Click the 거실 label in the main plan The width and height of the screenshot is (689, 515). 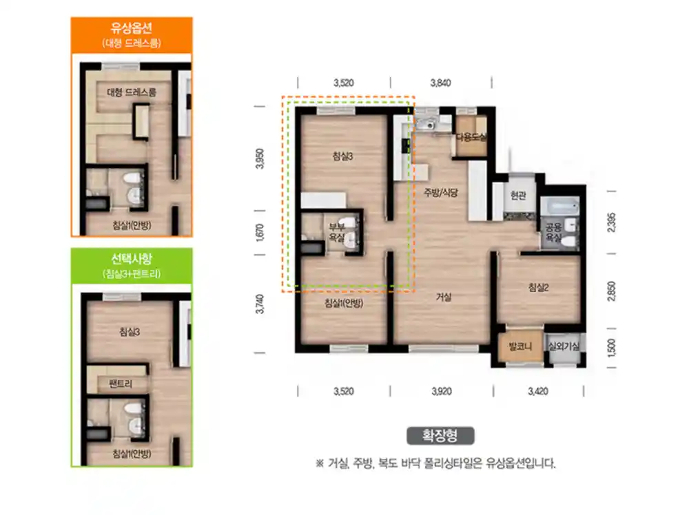click(443, 297)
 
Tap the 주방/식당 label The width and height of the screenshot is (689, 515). click(441, 192)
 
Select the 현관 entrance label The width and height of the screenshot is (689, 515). click(518, 195)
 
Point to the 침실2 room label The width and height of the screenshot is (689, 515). click(538, 288)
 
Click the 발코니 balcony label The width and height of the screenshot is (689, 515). click(520, 346)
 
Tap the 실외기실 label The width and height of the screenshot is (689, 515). click(564, 346)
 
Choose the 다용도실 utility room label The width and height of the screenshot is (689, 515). click(471, 137)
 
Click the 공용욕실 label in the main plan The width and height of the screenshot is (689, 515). click(554, 233)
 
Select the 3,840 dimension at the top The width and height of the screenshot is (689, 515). click(441, 83)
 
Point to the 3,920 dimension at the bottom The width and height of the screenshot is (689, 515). click(442, 391)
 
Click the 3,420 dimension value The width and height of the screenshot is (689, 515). click(538, 391)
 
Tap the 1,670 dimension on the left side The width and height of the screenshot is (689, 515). click(260, 233)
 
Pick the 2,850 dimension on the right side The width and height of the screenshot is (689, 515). click(610, 291)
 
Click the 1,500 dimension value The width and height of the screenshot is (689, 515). click(610, 348)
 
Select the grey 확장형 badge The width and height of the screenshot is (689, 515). click(440, 436)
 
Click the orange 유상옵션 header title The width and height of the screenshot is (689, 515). click(132, 28)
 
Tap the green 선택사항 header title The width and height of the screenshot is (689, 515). click(132, 259)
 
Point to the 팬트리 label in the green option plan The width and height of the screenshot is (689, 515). click(121, 383)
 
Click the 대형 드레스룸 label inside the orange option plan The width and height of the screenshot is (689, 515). click(132, 92)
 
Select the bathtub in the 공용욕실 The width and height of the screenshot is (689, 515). click(559, 206)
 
